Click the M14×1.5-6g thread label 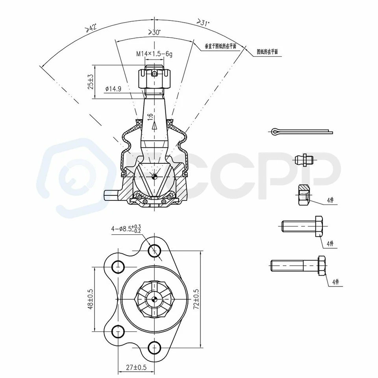tap(154, 54)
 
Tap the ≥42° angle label tap(90, 28)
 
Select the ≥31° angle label tap(203, 23)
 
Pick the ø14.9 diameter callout tap(113, 89)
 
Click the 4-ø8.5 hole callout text tap(126, 228)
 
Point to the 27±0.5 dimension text tap(136, 368)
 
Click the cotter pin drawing tap(301, 131)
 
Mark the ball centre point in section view tap(154, 176)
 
